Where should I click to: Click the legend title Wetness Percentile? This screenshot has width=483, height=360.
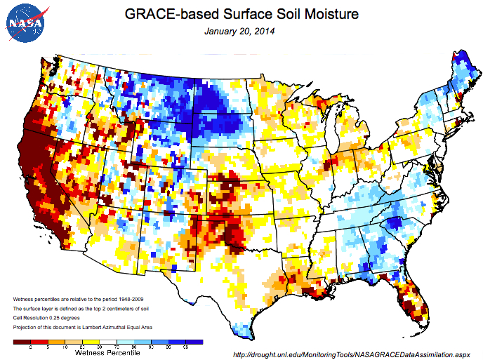click(108, 353)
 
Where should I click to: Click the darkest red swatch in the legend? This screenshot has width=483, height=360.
click(22, 342)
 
